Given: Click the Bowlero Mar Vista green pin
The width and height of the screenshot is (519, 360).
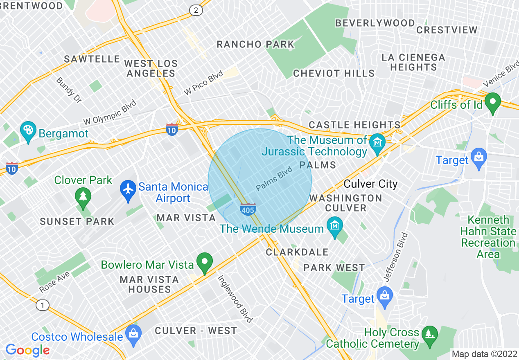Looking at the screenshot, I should pyautogui.click(x=205, y=262).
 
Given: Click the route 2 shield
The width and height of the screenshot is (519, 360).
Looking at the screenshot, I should pyautogui.click(x=196, y=10).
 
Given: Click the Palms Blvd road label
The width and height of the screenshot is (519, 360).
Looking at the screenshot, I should pyautogui.click(x=274, y=179).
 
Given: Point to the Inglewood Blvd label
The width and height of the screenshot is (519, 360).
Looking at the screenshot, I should pyautogui.click(x=235, y=298).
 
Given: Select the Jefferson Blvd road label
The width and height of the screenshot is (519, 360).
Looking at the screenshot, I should pyautogui.click(x=396, y=257).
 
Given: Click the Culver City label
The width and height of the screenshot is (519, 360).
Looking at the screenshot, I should pyautogui.click(x=370, y=184).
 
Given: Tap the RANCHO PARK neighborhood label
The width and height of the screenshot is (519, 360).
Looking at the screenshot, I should pyautogui.click(x=255, y=44).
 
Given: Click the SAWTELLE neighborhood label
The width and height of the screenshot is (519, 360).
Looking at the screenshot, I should pyautogui.click(x=92, y=59).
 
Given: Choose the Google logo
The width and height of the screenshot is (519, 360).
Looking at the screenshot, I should pyautogui.click(x=27, y=350).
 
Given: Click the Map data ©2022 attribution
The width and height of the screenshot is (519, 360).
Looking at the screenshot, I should pyautogui.click(x=484, y=353).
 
